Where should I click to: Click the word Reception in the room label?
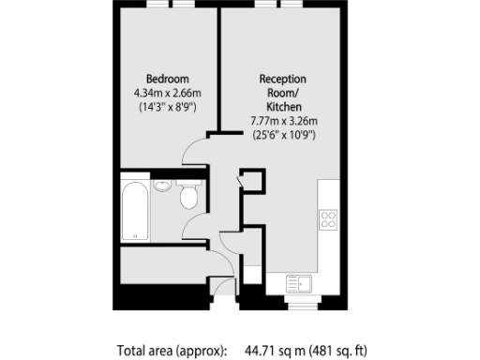point(283,79)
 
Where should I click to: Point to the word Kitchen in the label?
point(283,107)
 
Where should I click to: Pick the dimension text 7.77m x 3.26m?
point(283,121)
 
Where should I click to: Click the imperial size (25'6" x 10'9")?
point(283,135)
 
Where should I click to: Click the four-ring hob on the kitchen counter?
point(329,220)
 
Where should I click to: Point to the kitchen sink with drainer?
point(298,282)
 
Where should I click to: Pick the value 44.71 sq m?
point(278,351)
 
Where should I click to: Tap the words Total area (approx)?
point(172,351)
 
